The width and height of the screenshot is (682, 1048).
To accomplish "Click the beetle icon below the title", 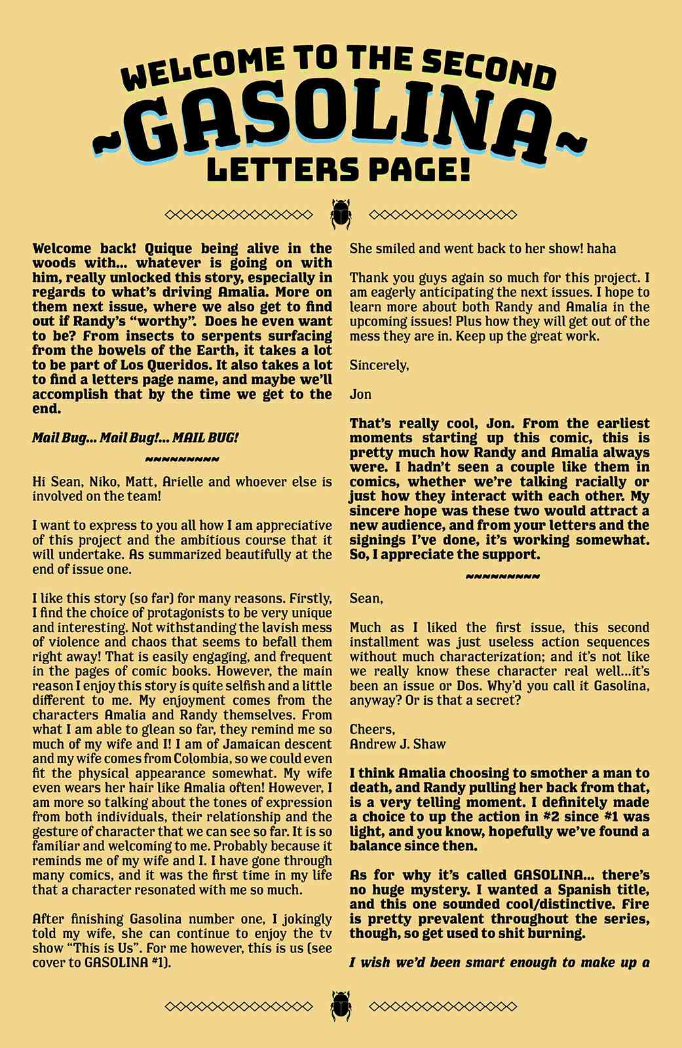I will (341, 214).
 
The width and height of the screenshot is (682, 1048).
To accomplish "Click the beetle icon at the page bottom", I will (341, 1006).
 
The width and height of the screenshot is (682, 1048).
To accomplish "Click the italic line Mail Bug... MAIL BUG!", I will (135, 438).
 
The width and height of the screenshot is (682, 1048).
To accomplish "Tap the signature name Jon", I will (360, 394).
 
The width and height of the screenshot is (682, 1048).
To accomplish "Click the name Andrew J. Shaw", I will (398, 744).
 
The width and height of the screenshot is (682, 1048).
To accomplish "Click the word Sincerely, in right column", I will (379, 365).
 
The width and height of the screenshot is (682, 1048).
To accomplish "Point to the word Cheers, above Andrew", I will (372, 730).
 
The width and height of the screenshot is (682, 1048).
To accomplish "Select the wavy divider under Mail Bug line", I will (182, 458).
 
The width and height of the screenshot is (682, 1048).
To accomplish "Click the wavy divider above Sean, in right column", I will (502, 576).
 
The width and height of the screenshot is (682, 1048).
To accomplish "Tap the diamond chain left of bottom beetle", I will (238, 1006).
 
